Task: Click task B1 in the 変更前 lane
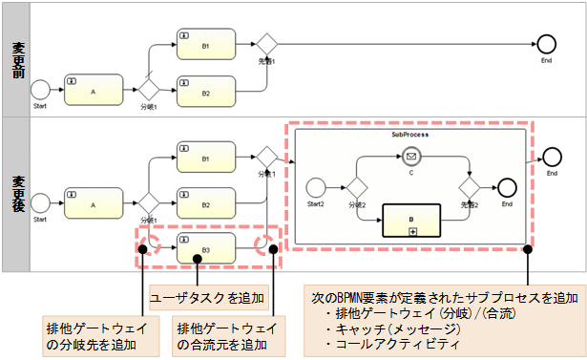click(205, 43)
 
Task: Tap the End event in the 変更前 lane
click(546, 43)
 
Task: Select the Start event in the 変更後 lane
click(40, 202)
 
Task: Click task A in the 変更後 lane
click(94, 202)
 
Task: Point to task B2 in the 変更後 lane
click(205, 202)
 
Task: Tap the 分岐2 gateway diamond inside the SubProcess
click(357, 186)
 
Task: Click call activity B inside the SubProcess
click(412, 219)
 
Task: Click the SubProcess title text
click(409, 135)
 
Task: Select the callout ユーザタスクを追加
click(208, 296)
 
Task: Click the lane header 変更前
click(18, 60)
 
